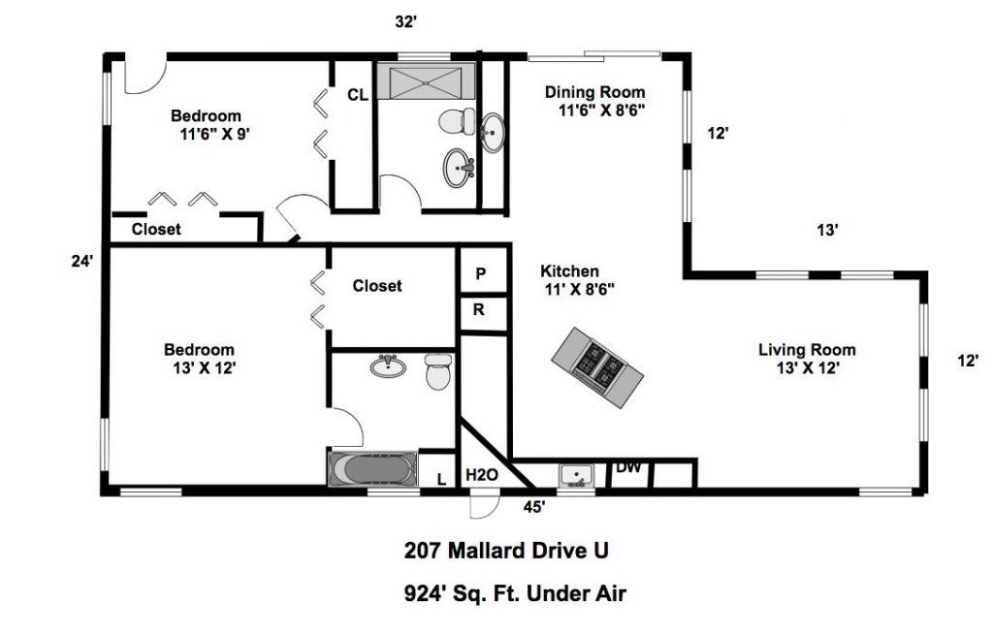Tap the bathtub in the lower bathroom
click(372, 470)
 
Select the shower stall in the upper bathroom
click(426, 81)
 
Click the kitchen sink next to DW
click(577, 475)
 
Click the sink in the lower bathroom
click(388, 365)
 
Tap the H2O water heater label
click(481, 475)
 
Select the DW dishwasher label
click(628, 467)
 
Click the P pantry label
click(480, 274)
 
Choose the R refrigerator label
click(479, 311)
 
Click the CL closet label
click(357, 94)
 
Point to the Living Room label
click(807, 350)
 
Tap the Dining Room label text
click(594, 92)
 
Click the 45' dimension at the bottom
click(533, 505)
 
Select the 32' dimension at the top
click(406, 20)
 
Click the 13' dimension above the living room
click(826, 230)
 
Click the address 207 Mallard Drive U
click(506, 551)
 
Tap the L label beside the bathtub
click(440, 478)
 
